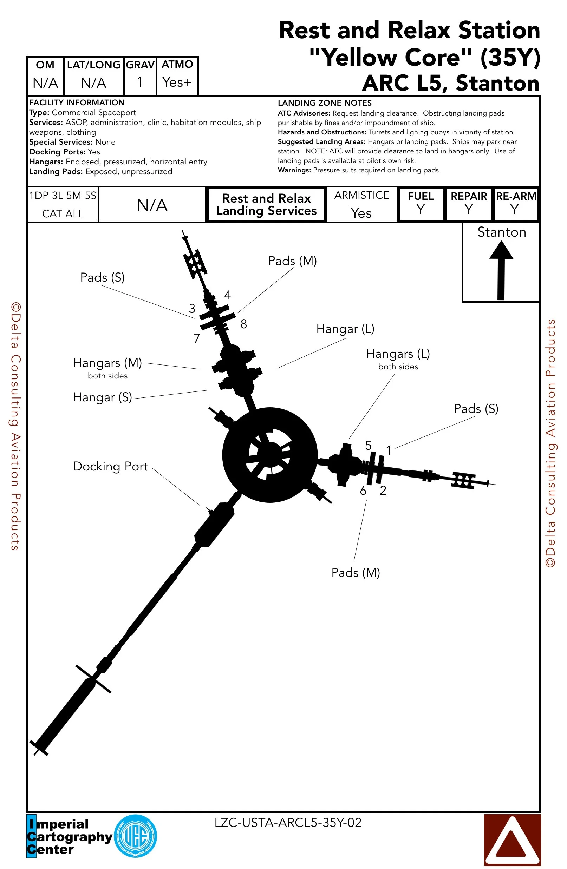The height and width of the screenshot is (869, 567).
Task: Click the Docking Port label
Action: pos(110,466)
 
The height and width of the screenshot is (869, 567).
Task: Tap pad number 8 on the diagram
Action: pos(244,324)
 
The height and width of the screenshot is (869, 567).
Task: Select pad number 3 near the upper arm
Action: pos(192,309)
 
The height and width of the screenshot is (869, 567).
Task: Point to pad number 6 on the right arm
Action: pos(363,491)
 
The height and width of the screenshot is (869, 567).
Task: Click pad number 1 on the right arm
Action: pos(389,450)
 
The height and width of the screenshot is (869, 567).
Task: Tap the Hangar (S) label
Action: pos(103,397)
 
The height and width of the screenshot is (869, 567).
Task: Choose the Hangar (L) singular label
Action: pos(345,329)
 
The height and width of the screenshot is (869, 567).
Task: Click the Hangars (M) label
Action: pos(107,363)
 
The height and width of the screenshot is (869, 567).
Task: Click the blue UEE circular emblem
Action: pos(136,836)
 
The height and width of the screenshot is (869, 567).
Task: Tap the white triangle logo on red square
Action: pos(512,840)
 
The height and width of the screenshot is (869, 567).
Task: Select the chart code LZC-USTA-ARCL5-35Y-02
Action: pos(288,823)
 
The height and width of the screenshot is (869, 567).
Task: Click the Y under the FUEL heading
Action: pos(421,210)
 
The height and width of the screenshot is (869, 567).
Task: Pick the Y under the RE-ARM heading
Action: pos(515,210)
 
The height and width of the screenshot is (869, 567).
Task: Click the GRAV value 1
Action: pos(139,82)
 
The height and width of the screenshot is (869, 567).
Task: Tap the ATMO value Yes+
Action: pos(177,83)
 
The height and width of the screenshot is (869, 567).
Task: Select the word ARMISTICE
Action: pos(362,195)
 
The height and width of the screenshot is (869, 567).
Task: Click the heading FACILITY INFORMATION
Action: pos(77,103)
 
